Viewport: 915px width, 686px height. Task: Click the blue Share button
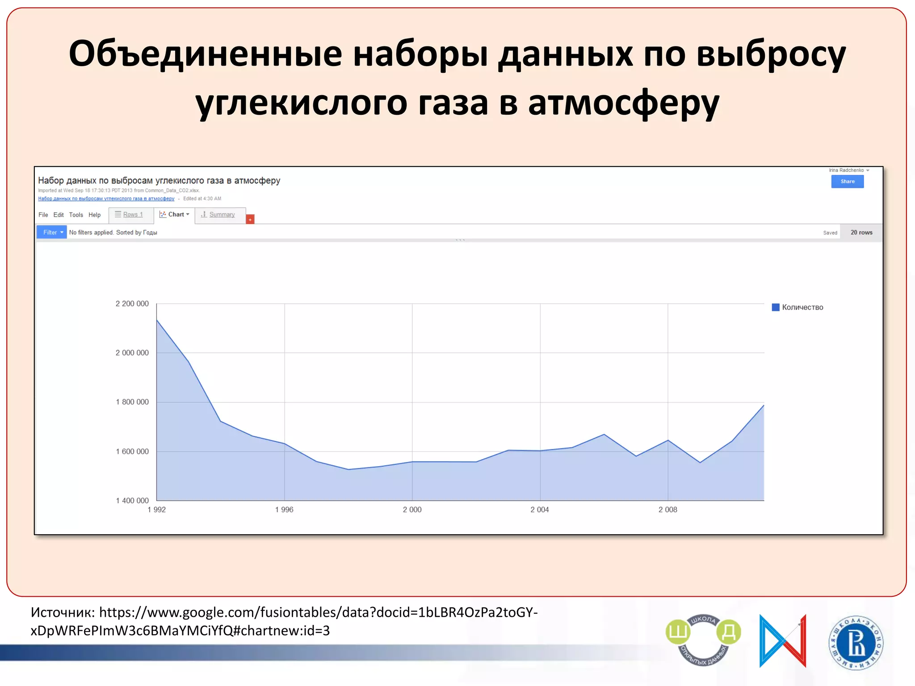click(847, 181)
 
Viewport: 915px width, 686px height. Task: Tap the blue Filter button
click(52, 232)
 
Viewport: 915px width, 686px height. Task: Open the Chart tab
click(175, 215)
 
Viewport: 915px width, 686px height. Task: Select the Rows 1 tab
click(129, 215)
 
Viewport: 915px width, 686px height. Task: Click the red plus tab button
click(250, 219)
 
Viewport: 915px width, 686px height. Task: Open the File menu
click(43, 215)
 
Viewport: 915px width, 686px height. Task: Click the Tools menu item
click(76, 215)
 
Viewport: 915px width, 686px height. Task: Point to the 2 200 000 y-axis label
click(132, 304)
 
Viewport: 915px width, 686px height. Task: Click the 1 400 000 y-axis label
click(132, 501)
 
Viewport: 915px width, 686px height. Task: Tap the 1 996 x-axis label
click(284, 510)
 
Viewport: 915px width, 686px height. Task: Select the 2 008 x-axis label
click(667, 510)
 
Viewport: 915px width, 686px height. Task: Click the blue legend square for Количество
click(776, 307)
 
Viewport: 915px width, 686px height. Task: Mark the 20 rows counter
click(861, 232)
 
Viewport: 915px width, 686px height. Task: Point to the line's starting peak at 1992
click(157, 320)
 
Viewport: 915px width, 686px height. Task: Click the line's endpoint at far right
click(764, 405)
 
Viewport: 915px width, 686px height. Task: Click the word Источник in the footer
click(62, 612)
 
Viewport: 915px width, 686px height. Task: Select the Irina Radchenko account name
click(846, 170)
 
